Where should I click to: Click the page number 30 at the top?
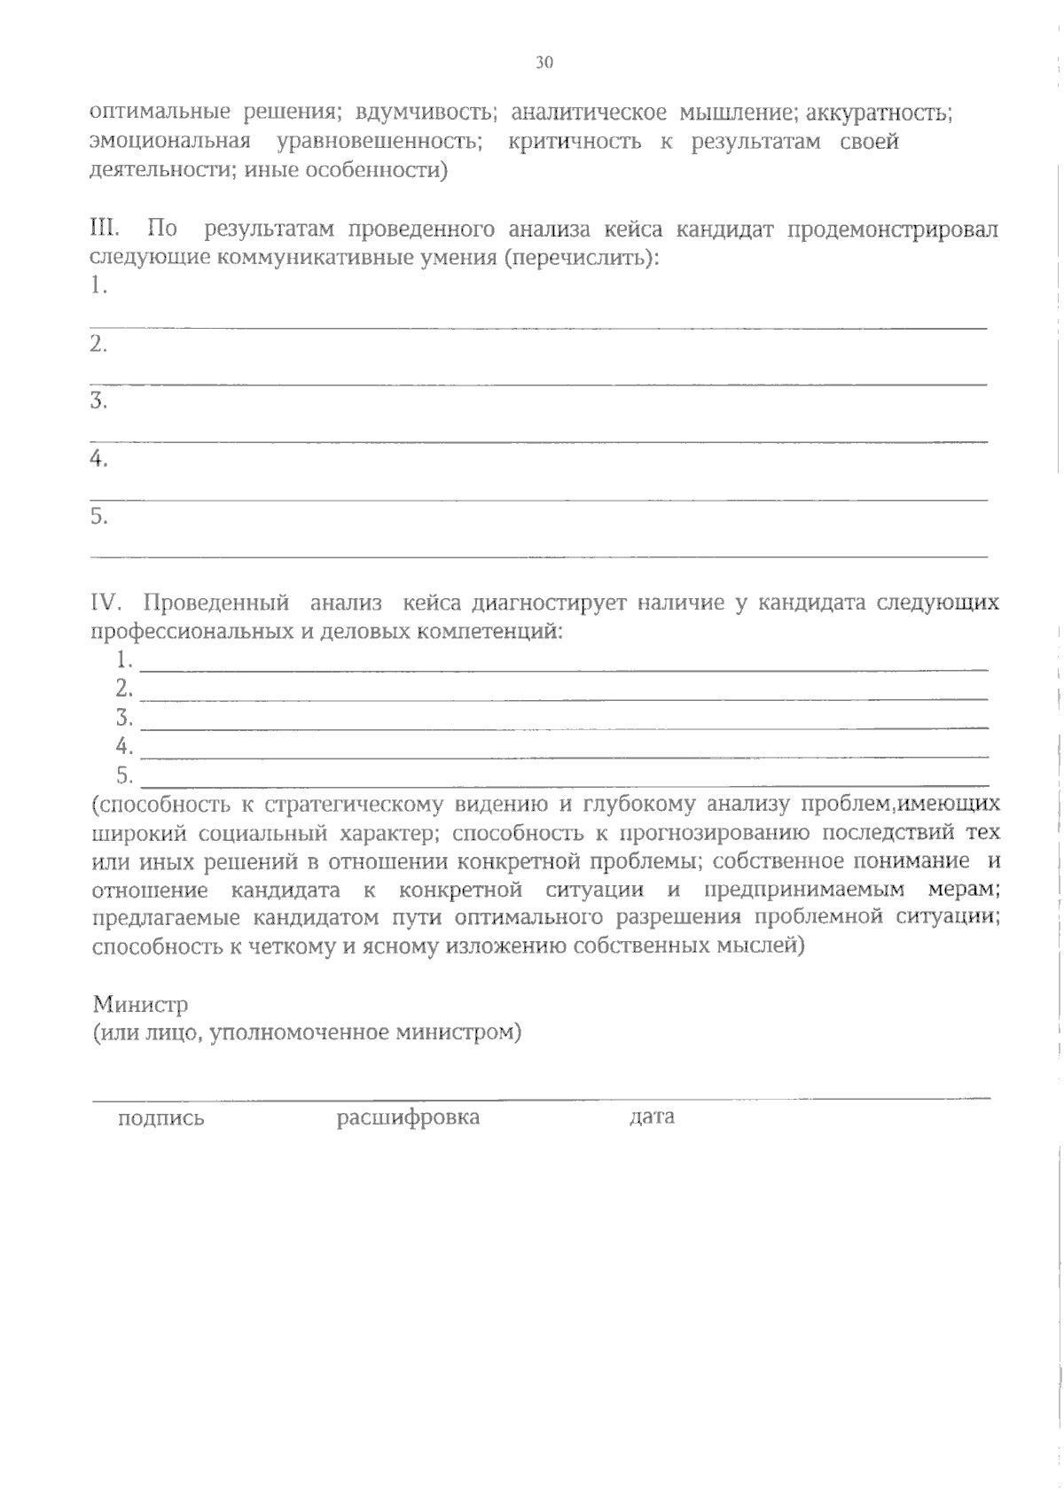click(544, 62)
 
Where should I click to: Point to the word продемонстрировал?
click(893, 230)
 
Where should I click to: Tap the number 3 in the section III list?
click(98, 401)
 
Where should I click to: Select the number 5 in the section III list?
click(98, 517)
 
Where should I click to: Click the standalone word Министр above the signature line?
click(141, 1004)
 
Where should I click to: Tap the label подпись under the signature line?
click(161, 1118)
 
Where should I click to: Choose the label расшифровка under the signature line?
click(408, 1117)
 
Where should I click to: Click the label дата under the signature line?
click(652, 1117)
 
